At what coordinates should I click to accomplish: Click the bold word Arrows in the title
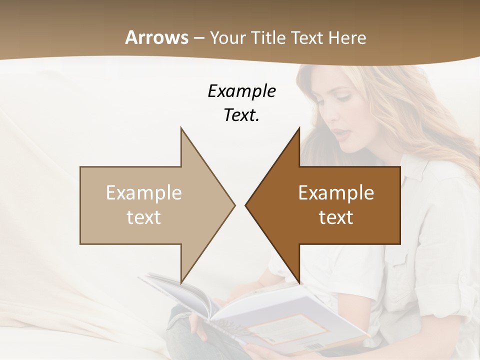point(156,37)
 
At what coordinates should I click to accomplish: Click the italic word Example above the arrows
point(241,91)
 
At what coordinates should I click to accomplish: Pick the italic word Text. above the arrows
point(241,115)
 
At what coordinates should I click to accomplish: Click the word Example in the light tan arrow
point(144,193)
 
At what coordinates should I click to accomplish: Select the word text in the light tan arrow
point(144,217)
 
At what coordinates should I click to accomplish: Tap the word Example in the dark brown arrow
point(336,193)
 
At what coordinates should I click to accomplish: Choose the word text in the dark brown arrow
point(336,217)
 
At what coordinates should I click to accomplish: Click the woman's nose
point(334,120)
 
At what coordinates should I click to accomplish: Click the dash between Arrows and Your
point(198,38)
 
